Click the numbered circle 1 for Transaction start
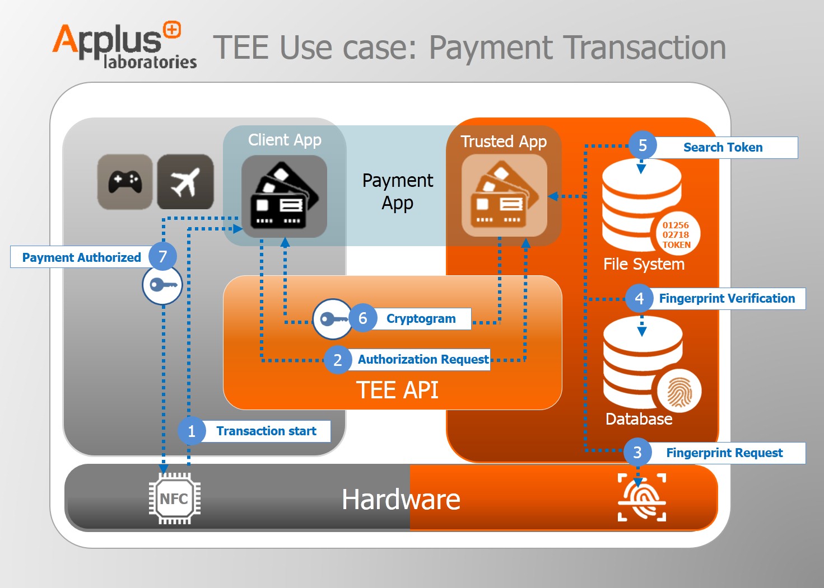point(192,431)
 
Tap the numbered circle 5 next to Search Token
point(643,145)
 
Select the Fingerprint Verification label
point(727,299)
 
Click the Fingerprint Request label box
point(724,453)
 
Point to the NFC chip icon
point(174,498)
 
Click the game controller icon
point(125,182)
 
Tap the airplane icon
point(185,182)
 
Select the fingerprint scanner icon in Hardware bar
point(642,497)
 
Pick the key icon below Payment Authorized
point(162,285)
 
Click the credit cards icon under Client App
point(284,196)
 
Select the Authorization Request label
point(423,360)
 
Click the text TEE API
point(397,390)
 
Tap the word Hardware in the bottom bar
point(401,500)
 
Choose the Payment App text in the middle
point(397,191)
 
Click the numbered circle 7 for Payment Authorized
point(162,257)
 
